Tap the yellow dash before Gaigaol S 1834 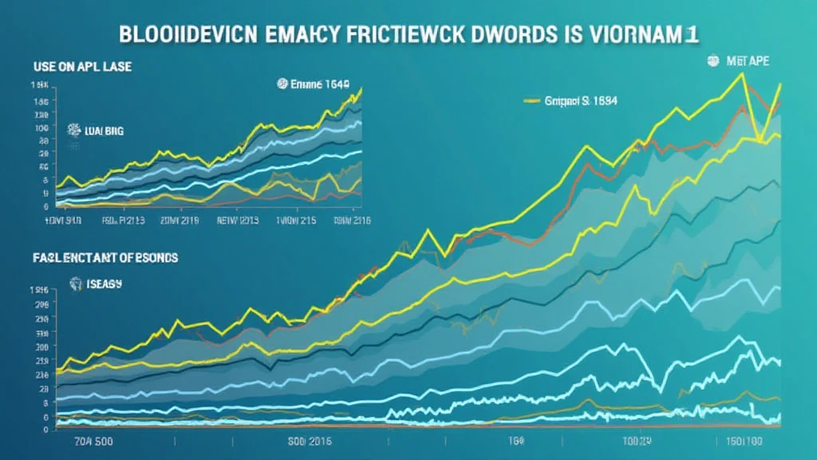pyautogui.click(x=532, y=101)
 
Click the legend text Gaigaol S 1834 pyautogui.click(x=581, y=101)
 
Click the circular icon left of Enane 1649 pyautogui.click(x=281, y=83)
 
